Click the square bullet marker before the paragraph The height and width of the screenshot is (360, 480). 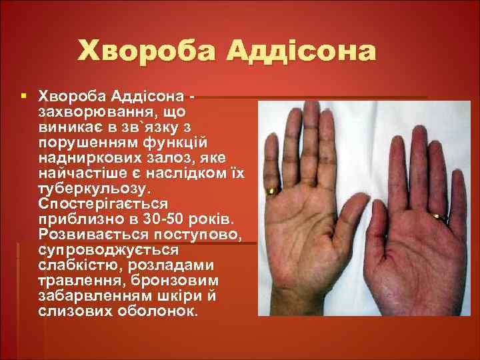24,96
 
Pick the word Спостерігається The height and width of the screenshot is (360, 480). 103,204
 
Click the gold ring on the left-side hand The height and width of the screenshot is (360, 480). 271,192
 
